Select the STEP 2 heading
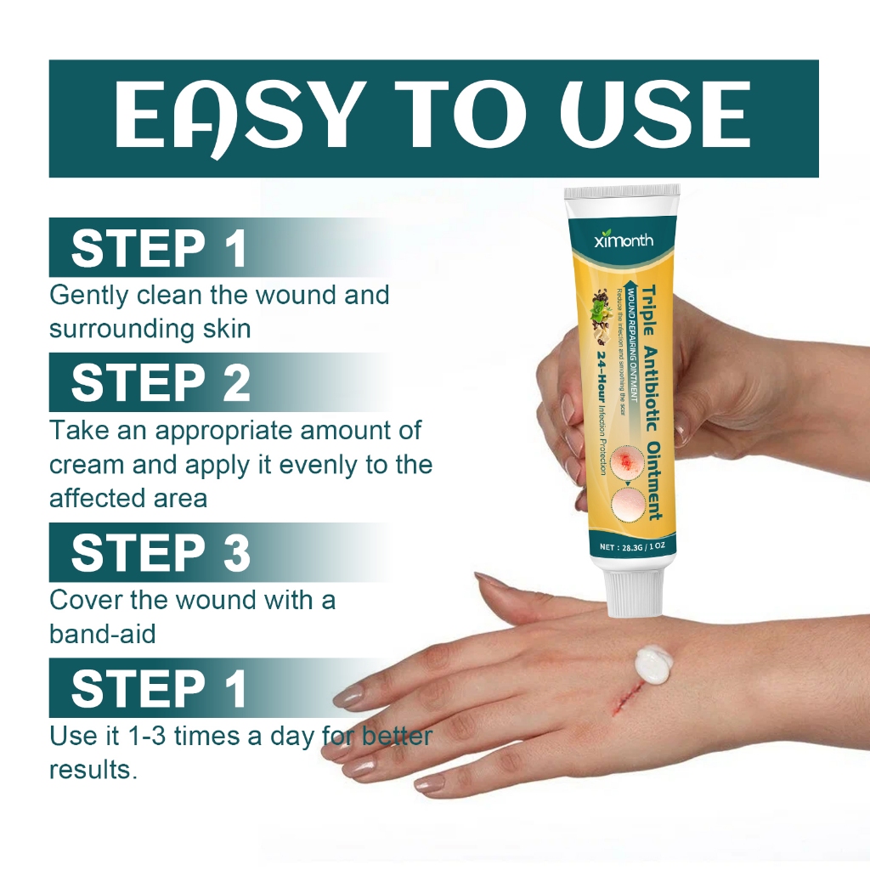(x=161, y=383)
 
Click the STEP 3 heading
(x=161, y=553)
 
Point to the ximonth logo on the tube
(x=624, y=240)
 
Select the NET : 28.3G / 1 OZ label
(x=633, y=548)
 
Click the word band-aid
(x=102, y=634)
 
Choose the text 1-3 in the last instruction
(x=143, y=736)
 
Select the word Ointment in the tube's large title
(x=653, y=481)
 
